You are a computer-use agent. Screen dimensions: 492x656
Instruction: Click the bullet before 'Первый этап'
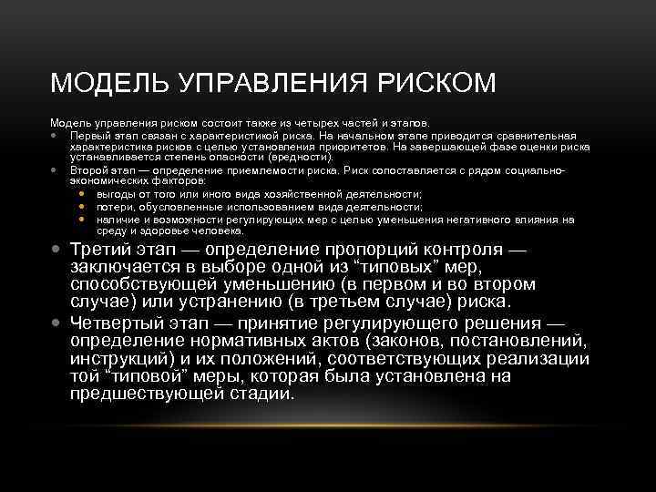(x=56, y=133)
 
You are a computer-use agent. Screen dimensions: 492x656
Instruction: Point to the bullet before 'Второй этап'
(x=56, y=170)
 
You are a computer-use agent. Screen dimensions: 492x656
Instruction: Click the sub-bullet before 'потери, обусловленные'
(x=82, y=207)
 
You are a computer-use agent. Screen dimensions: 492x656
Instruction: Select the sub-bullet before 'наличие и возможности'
(x=82, y=220)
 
